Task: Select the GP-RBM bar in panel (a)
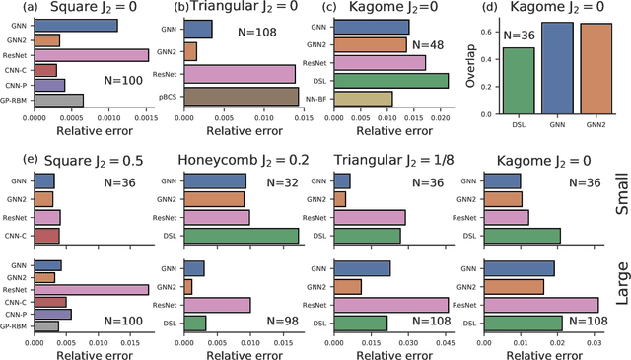(58, 100)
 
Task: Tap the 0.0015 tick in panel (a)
(147, 117)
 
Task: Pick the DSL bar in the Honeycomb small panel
(241, 235)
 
